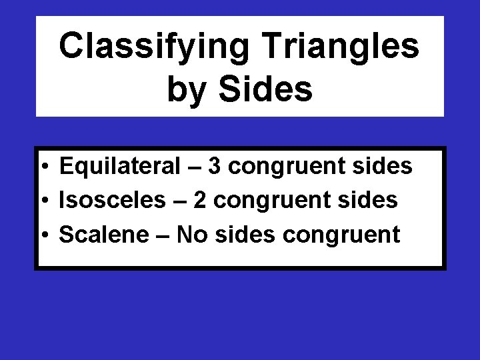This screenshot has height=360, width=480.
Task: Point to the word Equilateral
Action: point(115,168)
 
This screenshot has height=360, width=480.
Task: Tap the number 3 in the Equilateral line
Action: point(214,168)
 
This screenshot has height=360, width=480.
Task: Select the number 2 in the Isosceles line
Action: point(201,201)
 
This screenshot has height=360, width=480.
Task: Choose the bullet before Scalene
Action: point(42,235)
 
